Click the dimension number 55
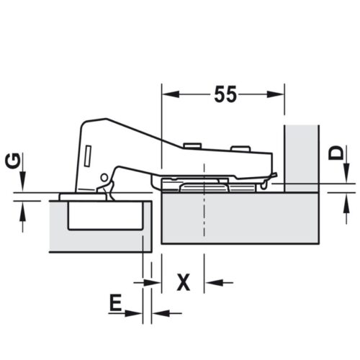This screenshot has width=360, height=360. pos(225,94)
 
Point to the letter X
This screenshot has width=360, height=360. pos(184,282)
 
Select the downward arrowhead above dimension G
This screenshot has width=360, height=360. pos(22,186)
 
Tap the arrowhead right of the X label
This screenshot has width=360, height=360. pos(211,282)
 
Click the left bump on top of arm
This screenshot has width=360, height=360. pos(192,145)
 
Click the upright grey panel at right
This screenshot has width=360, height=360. pos(301,155)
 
